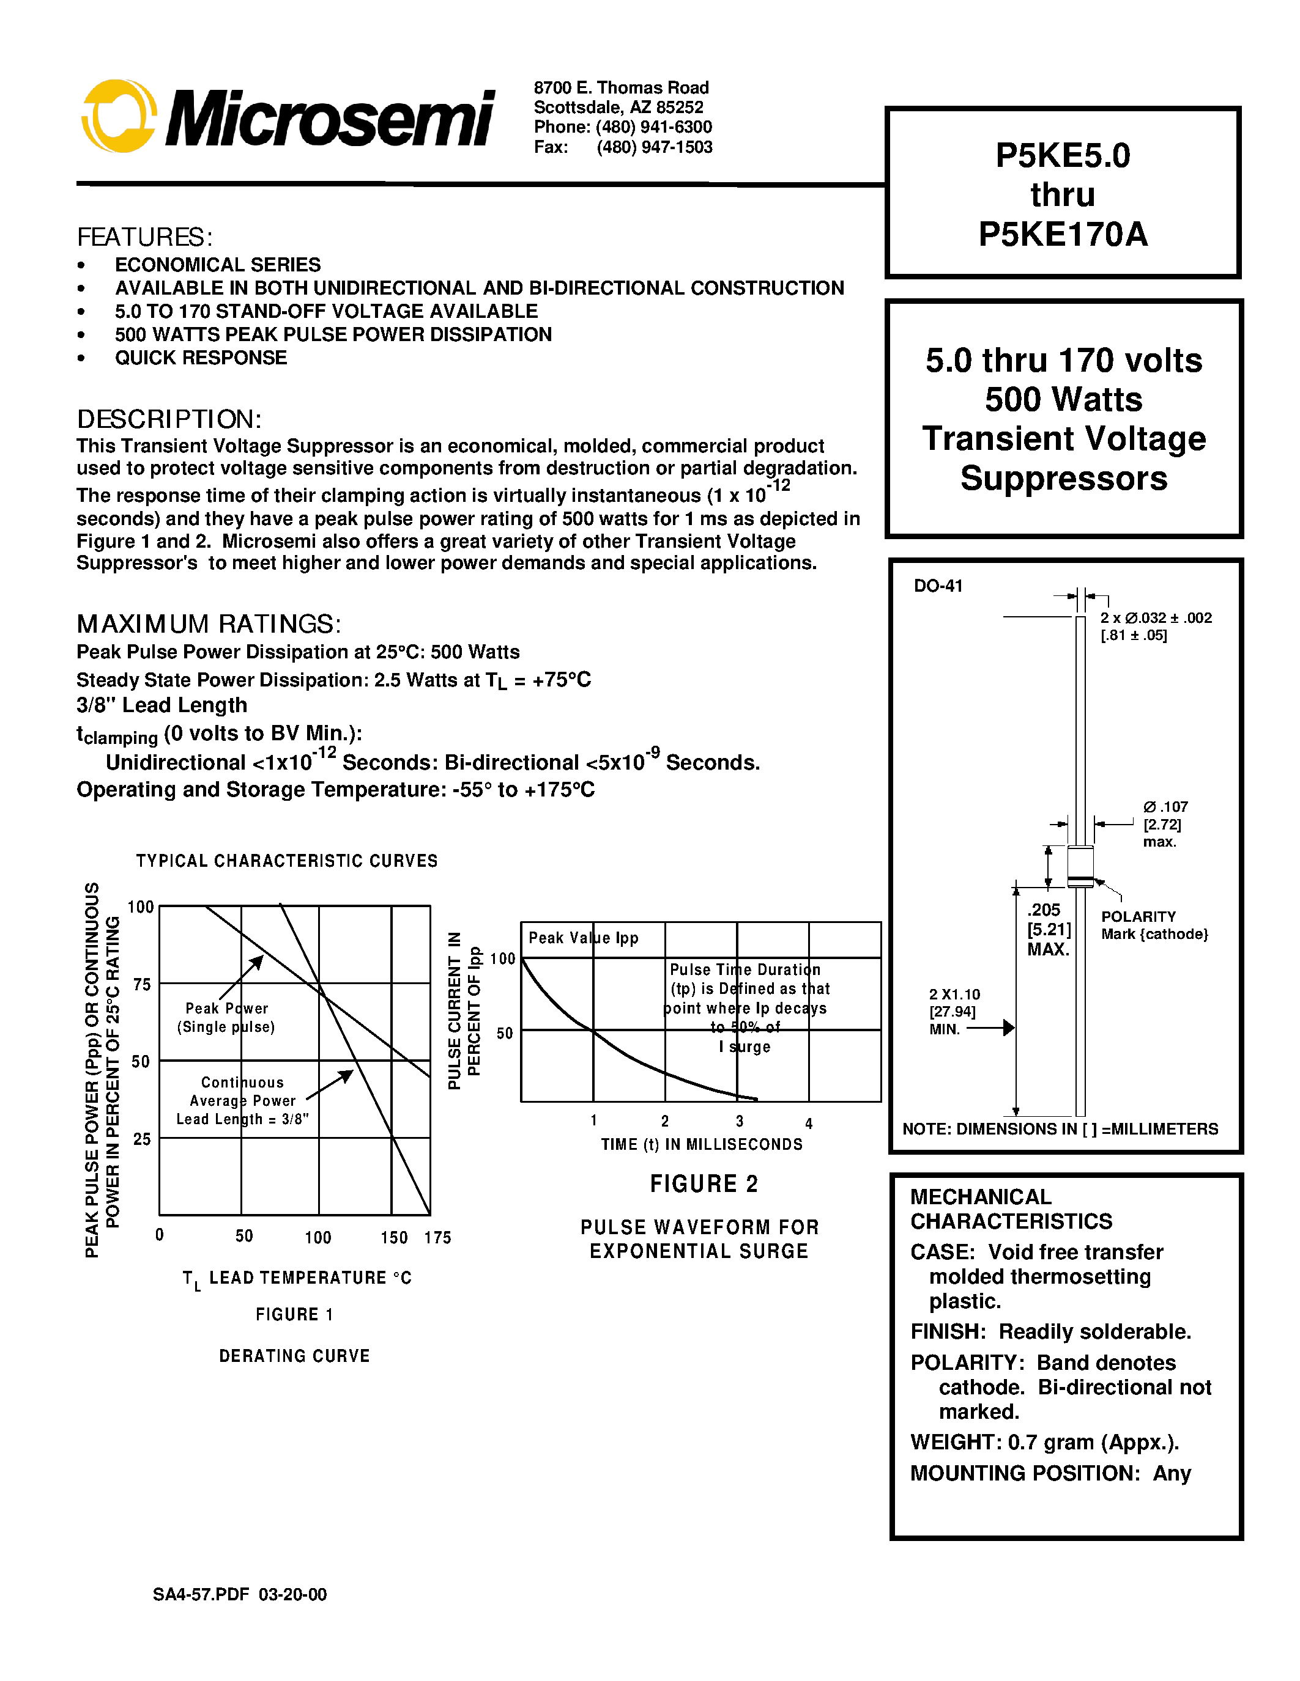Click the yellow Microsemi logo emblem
tap(119, 116)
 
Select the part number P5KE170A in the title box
tap(1063, 234)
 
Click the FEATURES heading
tap(144, 237)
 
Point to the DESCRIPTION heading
tap(169, 419)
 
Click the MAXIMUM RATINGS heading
tap(208, 623)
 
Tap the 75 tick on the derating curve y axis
tap(142, 984)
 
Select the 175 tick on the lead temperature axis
tap(437, 1238)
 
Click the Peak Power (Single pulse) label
tap(226, 1018)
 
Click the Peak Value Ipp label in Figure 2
tap(583, 938)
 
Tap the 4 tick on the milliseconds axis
tap(809, 1124)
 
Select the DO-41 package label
tap(938, 586)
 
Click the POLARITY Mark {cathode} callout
tap(1154, 925)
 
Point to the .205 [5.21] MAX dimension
tap(1048, 929)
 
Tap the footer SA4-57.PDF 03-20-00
tap(240, 1594)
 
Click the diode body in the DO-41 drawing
tap(1080, 866)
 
